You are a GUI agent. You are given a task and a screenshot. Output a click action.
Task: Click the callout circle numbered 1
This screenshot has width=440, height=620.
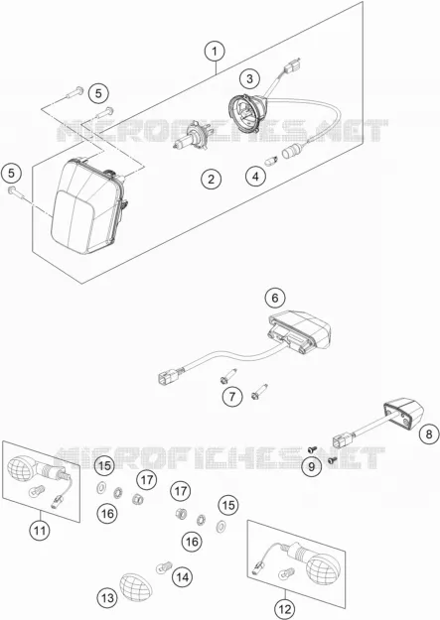(215, 52)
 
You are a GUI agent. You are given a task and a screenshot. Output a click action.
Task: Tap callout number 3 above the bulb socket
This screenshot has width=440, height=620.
(249, 78)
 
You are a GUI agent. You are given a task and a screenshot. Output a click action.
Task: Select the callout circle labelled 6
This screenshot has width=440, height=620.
(275, 298)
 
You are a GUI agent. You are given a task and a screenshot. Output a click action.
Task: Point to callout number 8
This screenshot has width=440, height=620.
(429, 434)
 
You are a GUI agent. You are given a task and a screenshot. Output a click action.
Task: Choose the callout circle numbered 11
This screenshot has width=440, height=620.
(40, 531)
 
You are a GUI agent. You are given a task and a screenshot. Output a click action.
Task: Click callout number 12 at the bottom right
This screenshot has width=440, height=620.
(285, 609)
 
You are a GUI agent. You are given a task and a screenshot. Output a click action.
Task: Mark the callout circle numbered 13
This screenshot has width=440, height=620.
(107, 598)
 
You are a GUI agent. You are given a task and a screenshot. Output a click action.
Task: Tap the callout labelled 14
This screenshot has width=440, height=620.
(182, 577)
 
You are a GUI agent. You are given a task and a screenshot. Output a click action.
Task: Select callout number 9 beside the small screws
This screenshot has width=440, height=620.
(311, 467)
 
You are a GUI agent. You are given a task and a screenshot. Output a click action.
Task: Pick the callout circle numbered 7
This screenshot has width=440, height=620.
(232, 396)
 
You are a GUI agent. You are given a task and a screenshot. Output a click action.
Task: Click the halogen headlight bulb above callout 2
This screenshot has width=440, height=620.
(192, 136)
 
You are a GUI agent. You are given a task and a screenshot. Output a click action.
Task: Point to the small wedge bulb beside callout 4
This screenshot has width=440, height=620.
(272, 161)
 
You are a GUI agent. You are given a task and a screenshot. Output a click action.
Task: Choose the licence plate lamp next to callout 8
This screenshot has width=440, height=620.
(403, 414)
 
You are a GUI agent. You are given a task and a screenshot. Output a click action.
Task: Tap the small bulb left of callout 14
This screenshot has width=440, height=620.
(164, 567)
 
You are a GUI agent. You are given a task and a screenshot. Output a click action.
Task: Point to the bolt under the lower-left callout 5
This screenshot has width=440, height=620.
(16, 193)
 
